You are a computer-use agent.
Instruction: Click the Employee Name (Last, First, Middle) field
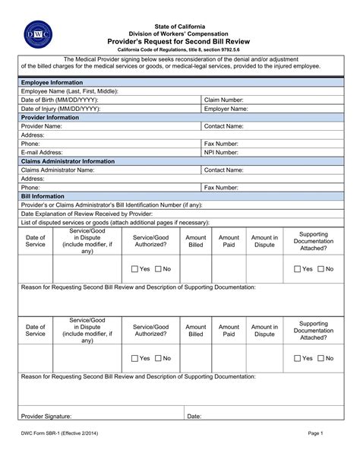[x=228, y=91]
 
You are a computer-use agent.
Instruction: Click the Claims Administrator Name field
[x=144, y=170]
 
